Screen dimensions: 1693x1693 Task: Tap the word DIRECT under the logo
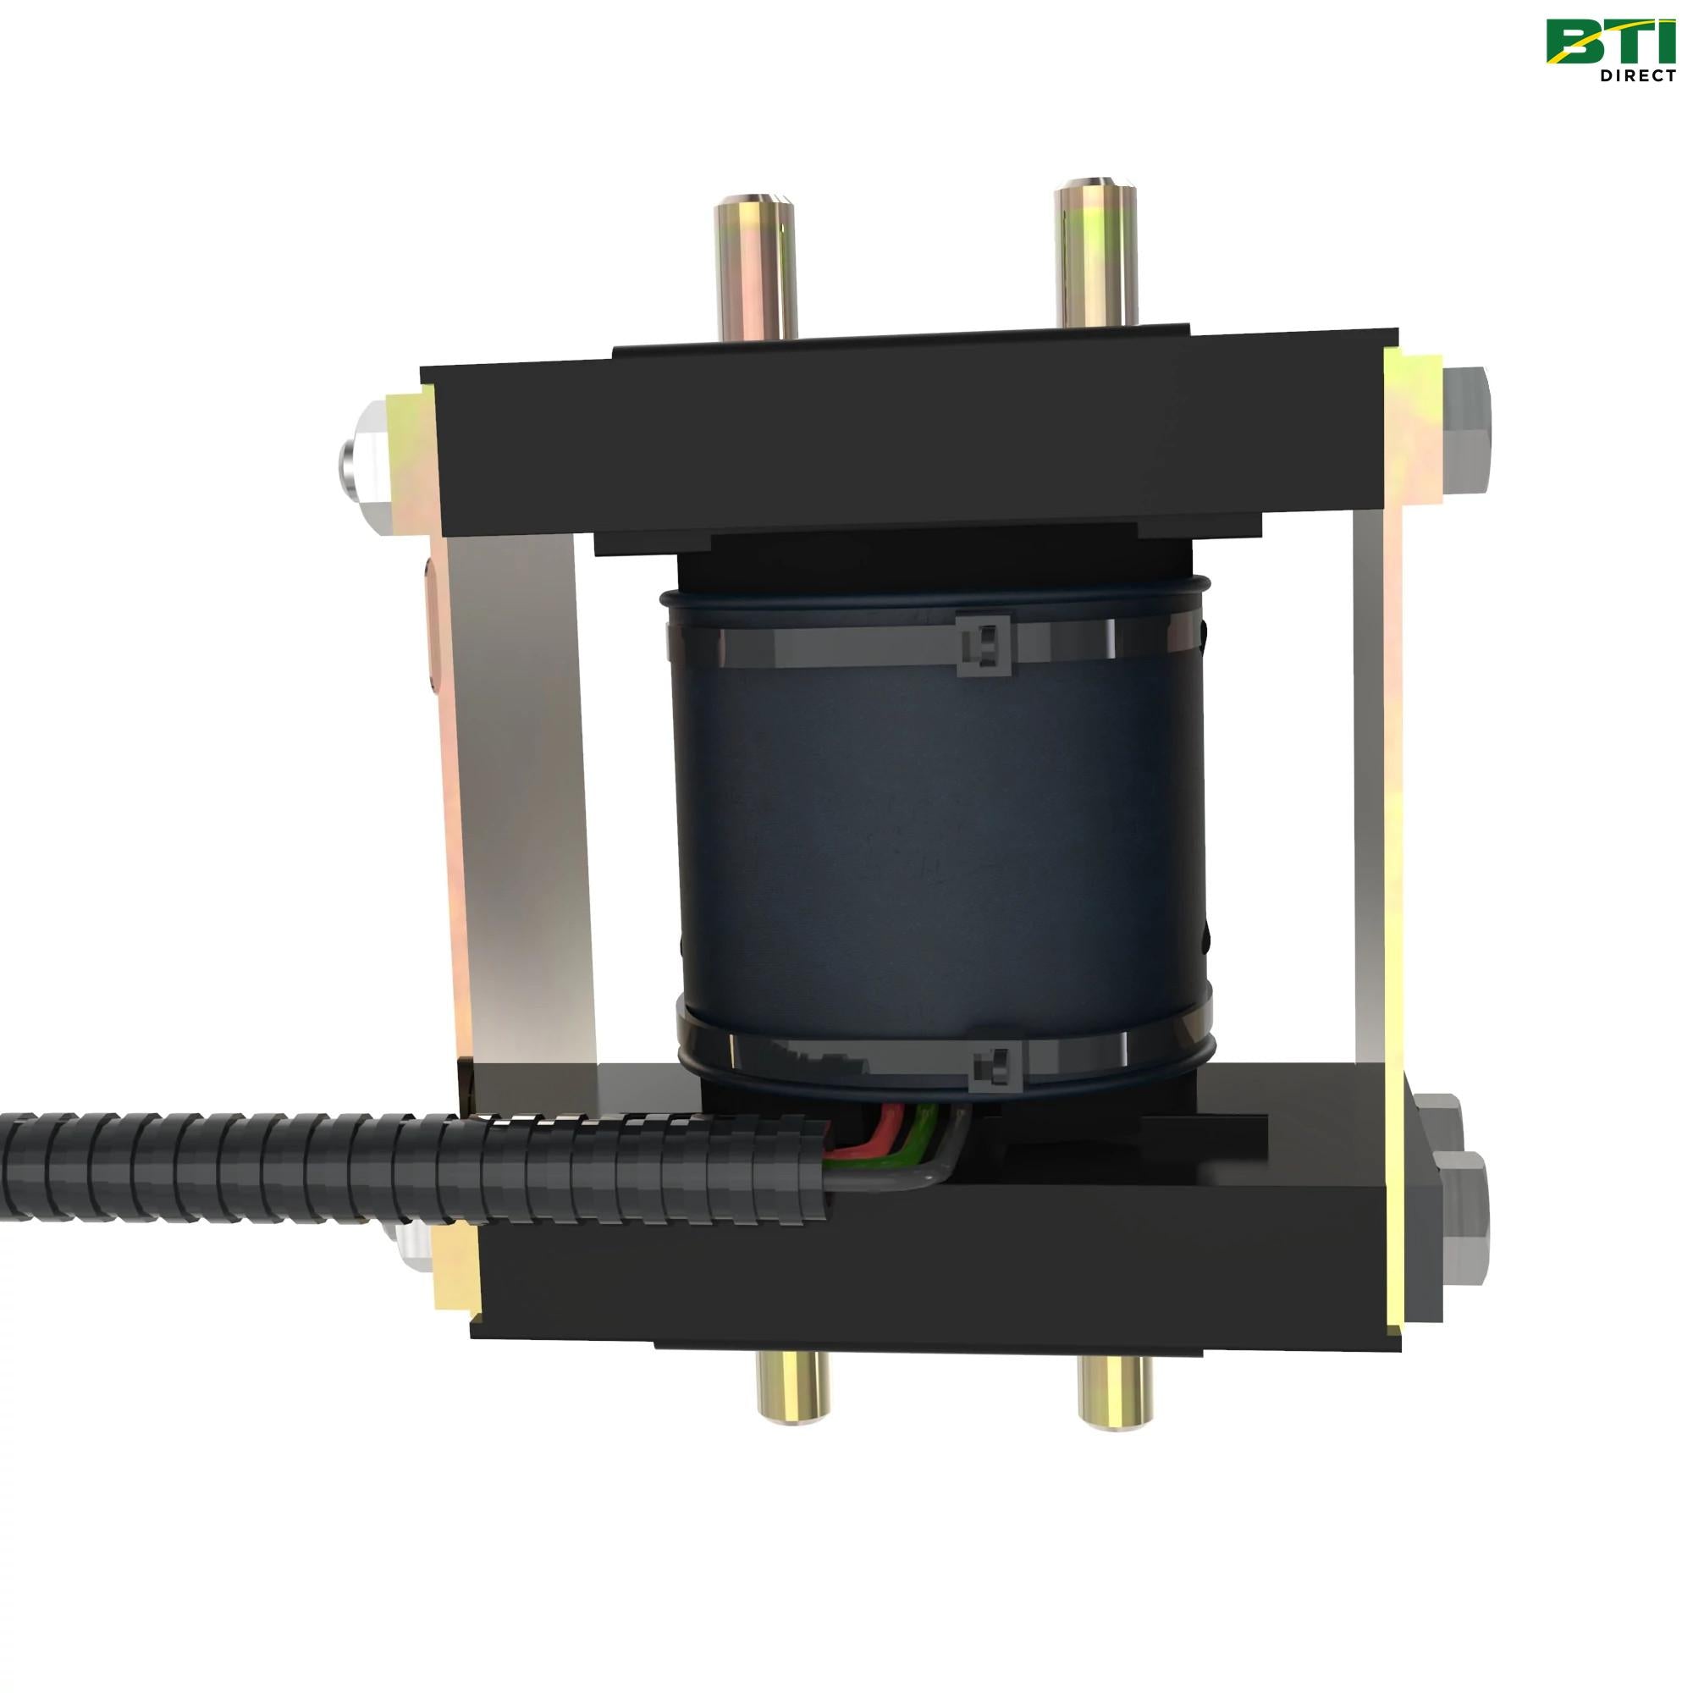pos(1637,76)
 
